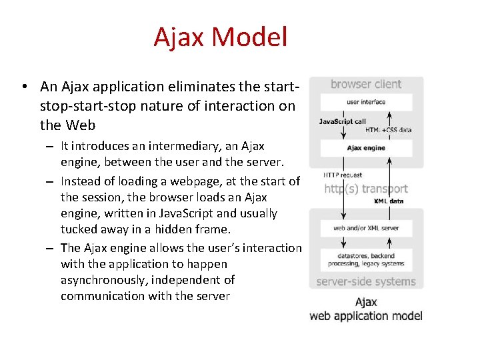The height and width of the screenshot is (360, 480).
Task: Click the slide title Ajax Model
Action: [x=220, y=37]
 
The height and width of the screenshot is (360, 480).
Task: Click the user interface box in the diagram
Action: [x=366, y=102]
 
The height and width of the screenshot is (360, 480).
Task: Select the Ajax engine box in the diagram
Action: [x=366, y=147]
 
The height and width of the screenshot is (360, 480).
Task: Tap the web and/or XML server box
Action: [x=366, y=228]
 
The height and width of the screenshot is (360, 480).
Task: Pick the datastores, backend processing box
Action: [x=366, y=259]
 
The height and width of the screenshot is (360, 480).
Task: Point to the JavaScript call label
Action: [x=342, y=121]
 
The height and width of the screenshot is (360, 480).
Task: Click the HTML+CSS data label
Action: [x=388, y=130]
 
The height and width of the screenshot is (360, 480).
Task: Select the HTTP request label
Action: [x=343, y=175]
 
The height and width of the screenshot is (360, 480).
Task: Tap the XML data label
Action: [x=389, y=201]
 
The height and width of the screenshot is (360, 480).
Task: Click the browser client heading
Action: [x=366, y=84]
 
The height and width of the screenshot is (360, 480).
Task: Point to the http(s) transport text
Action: [x=366, y=188]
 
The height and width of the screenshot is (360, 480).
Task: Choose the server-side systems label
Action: [x=365, y=281]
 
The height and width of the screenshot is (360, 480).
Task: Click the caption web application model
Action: [x=366, y=315]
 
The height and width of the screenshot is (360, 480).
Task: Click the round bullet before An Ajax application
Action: [x=23, y=87]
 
